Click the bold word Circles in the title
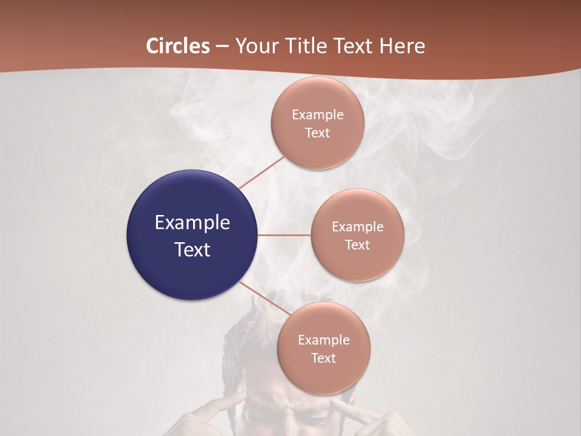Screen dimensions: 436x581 177,46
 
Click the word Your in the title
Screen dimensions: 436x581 254,46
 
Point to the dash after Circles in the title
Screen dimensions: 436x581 222,47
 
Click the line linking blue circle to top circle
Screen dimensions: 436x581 261,173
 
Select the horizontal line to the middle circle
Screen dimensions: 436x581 284,235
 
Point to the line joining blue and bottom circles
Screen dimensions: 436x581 264,298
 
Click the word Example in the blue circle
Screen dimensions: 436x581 192,223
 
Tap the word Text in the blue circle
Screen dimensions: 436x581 192,249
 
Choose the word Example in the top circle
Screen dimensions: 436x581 317,114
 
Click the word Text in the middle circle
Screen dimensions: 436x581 357,245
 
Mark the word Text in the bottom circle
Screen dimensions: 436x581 323,358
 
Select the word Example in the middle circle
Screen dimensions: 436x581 357,226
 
